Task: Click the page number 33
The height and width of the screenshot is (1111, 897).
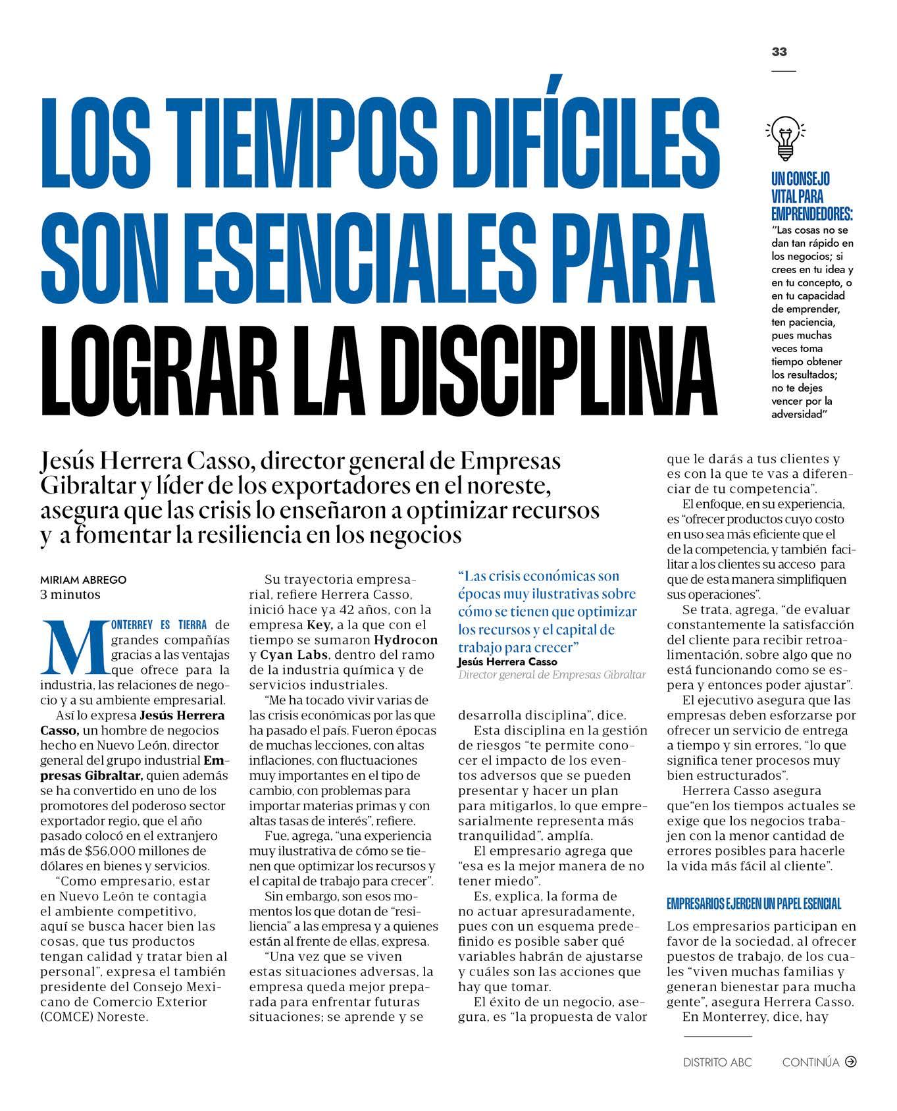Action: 779,52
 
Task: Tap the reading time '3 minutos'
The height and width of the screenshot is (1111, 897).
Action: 70,594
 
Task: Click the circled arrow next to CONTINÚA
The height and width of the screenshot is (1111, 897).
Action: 850,1061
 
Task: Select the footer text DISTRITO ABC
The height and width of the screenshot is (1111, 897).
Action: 717,1062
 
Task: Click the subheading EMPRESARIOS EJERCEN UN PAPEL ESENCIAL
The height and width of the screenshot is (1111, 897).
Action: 754,904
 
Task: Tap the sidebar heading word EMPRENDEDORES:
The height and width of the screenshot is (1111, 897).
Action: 812,214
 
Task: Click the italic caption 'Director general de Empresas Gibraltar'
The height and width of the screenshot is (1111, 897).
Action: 552,675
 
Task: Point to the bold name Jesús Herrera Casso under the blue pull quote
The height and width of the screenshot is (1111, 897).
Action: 507,662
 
